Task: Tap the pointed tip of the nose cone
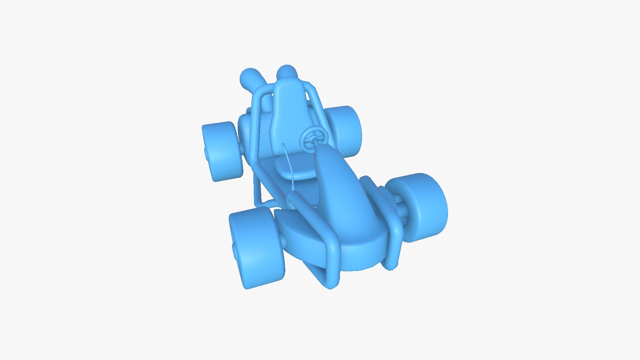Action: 323,149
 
